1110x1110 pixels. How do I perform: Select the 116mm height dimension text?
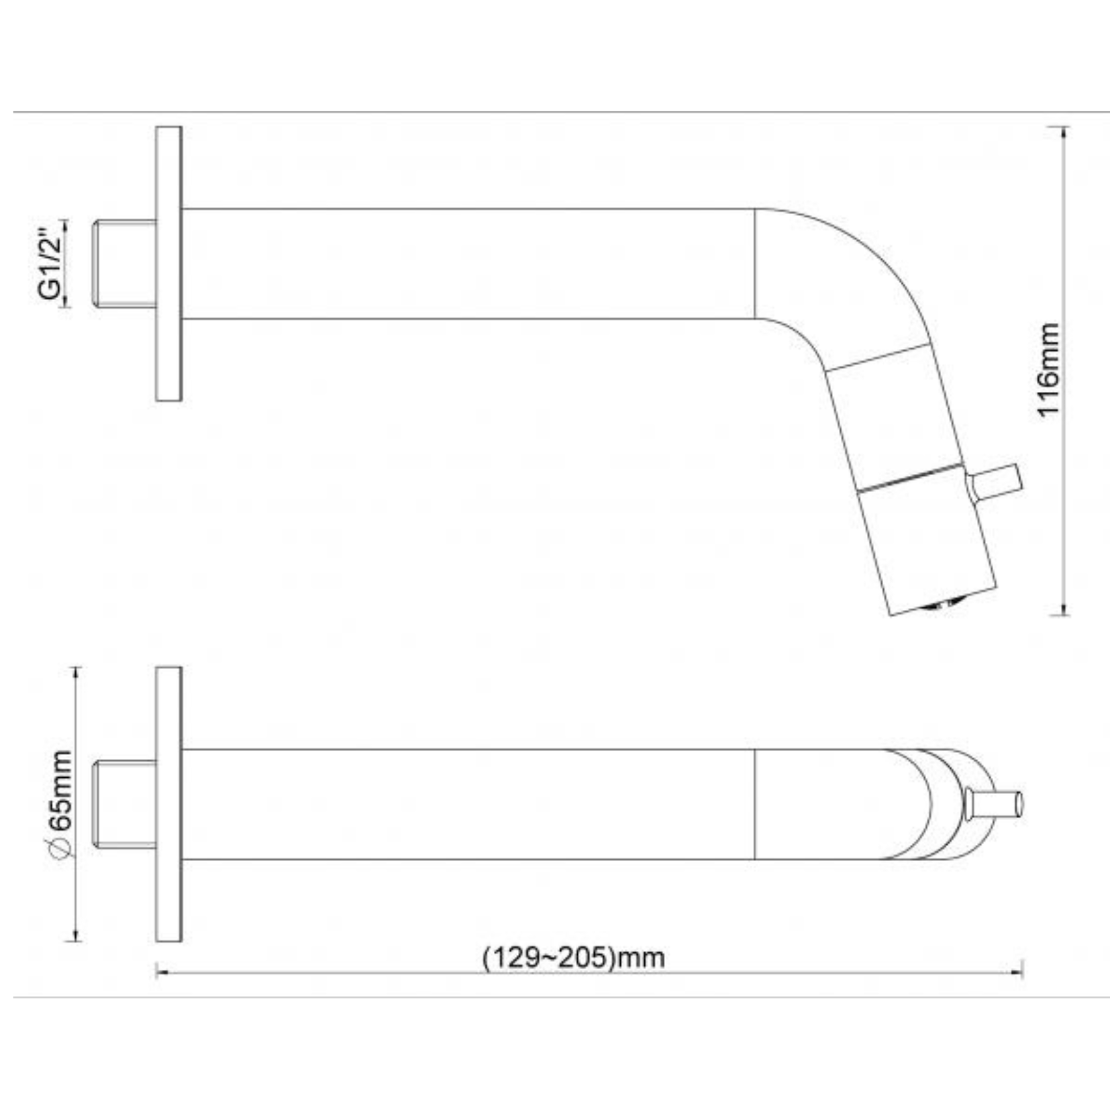1048,370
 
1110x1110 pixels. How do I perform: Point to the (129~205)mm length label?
574,956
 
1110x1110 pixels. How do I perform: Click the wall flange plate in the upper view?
168,264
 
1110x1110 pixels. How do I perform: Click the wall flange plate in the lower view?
168,804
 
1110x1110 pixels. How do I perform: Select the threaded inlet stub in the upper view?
125,264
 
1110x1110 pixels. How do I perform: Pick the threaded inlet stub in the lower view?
125,805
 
